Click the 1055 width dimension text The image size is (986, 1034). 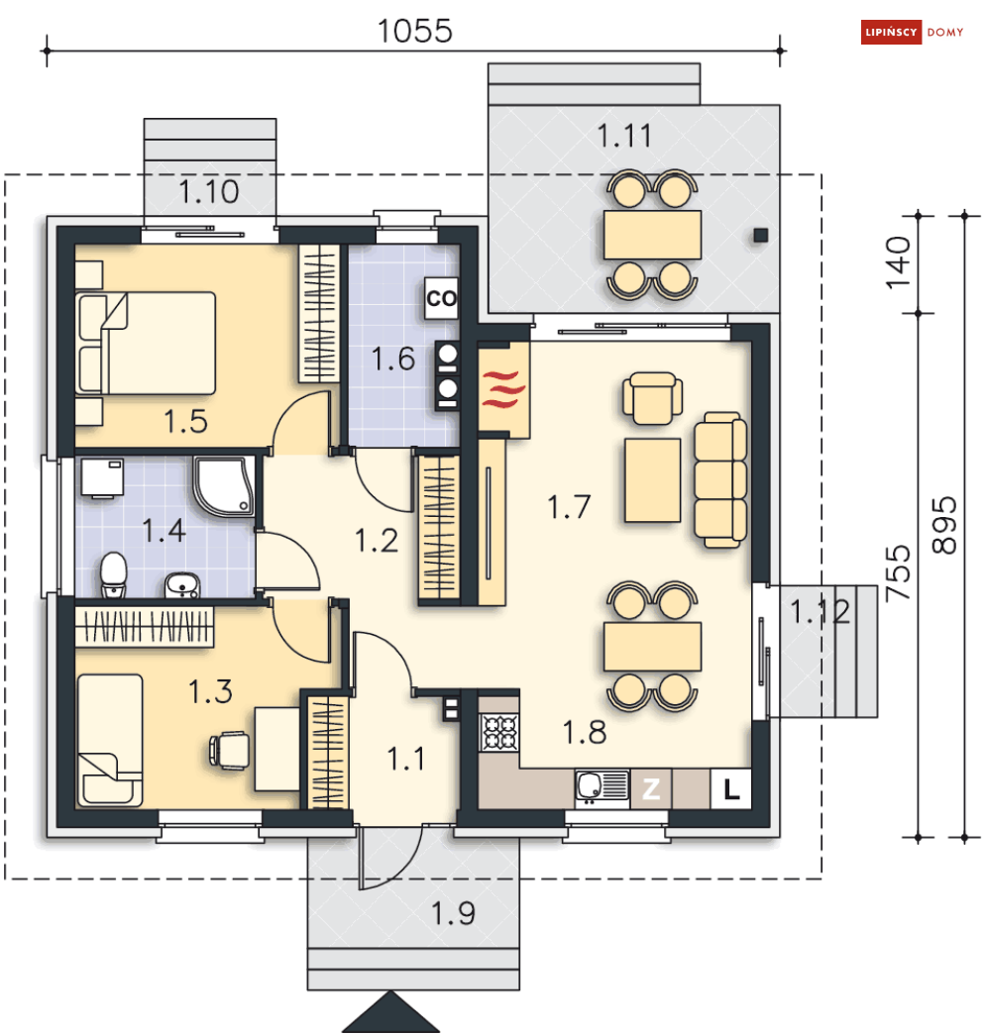pyautogui.click(x=414, y=31)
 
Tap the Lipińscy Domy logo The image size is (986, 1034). pyautogui.click(x=912, y=33)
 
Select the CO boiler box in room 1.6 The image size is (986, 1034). pyautogui.click(x=441, y=298)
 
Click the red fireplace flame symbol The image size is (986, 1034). pyautogui.click(x=503, y=389)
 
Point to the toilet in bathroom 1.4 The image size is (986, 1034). pyautogui.click(x=114, y=575)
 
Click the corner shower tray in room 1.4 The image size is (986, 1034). pyautogui.click(x=224, y=486)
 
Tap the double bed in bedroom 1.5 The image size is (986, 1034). pyautogui.click(x=147, y=344)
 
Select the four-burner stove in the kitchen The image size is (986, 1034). pyautogui.click(x=499, y=732)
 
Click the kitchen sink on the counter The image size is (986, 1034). pyautogui.click(x=602, y=786)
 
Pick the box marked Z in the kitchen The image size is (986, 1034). pyautogui.click(x=651, y=788)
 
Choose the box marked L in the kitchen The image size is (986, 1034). pyautogui.click(x=730, y=788)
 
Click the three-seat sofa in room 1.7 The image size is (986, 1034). pyautogui.click(x=720, y=480)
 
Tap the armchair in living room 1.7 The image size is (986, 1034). pyautogui.click(x=652, y=397)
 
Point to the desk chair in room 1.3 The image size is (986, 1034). pyautogui.click(x=230, y=751)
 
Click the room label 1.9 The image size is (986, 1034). pyautogui.click(x=453, y=913)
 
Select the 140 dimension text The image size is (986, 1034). pyautogui.click(x=898, y=263)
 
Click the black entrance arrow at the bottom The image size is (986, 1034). pyautogui.click(x=390, y=1012)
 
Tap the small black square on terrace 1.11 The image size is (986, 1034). pyautogui.click(x=761, y=235)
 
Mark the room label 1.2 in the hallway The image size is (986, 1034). pyautogui.click(x=377, y=541)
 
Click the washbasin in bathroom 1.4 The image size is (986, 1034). pyautogui.click(x=182, y=585)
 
